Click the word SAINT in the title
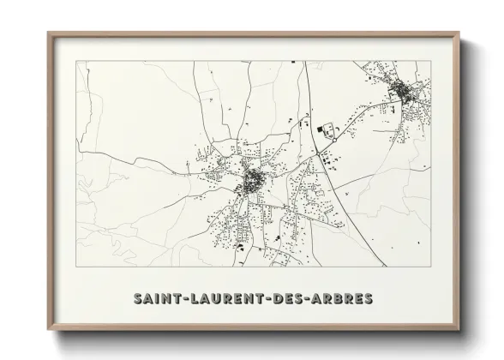[x=158, y=299]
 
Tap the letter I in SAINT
[x=158, y=299]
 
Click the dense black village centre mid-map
[x=254, y=181]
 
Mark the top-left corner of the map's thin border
[x=77, y=61]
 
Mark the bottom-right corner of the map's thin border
[x=429, y=267]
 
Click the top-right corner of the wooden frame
[x=461, y=33]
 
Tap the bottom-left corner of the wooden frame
[x=48, y=331]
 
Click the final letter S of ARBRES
[x=369, y=299]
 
